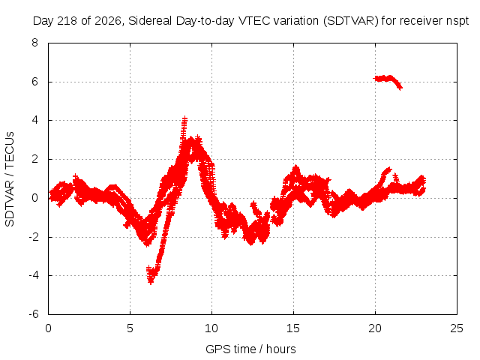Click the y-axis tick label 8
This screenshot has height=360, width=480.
[x=34, y=43]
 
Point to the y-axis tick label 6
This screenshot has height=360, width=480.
[x=34, y=82]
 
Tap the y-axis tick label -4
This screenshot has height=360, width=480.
[x=33, y=275]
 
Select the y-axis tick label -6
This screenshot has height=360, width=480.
[x=33, y=314]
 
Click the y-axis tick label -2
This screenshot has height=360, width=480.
[x=33, y=237]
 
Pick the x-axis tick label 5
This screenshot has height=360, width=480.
[x=130, y=328]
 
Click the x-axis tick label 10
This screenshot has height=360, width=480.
[x=211, y=328]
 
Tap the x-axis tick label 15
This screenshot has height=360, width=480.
[x=293, y=328]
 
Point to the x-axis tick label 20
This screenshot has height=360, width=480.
[x=375, y=328]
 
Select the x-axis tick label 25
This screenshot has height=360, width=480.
[x=457, y=328]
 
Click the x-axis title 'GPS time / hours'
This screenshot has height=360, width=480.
[x=250, y=349]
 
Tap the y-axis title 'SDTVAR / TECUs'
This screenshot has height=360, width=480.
[x=10, y=179]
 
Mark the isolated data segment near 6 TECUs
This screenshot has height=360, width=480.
[x=388, y=80]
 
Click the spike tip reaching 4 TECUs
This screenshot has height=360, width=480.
[x=184, y=118]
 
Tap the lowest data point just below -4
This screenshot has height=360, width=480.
[x=151, y=282]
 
